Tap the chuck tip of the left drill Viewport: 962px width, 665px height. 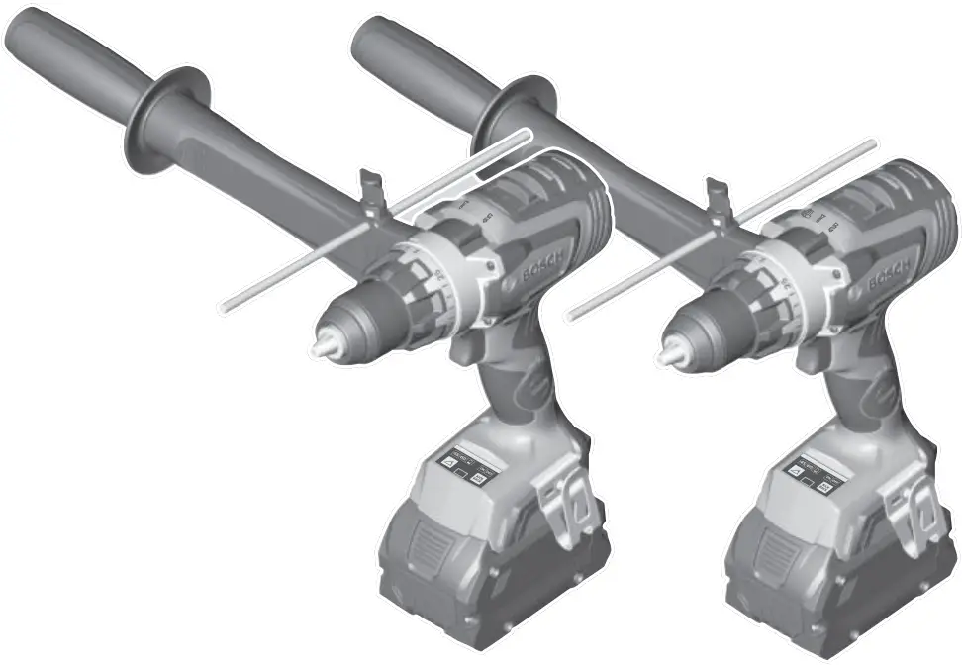[x=324, y=349]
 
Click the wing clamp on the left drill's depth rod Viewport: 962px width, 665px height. [x=371, y=193]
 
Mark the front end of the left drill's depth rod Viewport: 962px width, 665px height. [x=226, y=309]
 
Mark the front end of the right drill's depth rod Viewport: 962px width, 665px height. [x=572, y=315]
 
